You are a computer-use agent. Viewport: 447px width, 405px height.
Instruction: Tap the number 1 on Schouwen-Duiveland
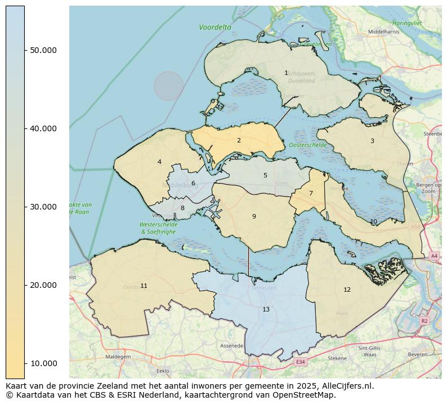(x=286, y=73)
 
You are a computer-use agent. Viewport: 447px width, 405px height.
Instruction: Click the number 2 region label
(x=239, y=140)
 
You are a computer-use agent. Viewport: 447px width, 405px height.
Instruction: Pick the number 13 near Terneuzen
(x=266, y=309)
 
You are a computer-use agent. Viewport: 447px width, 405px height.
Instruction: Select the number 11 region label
(x=144, y=286)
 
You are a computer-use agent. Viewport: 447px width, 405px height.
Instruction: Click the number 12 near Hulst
(x=347, y=290)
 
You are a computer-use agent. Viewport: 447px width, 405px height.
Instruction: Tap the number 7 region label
(x=311, y=193)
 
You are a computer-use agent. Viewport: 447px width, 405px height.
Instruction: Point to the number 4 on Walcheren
(x=159, y=162)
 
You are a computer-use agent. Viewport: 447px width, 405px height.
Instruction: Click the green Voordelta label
(x=215, y=27)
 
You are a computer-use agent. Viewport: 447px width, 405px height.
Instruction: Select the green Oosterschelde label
(x=308, y=145)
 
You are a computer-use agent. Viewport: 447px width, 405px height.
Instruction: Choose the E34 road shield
(x=301, y=362)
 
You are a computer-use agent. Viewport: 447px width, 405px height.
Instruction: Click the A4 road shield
(x=433, y=256)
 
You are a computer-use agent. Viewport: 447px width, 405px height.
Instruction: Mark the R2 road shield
(x=424, y=320)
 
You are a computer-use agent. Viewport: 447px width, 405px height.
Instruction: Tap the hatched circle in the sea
(x=168, y=86)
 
